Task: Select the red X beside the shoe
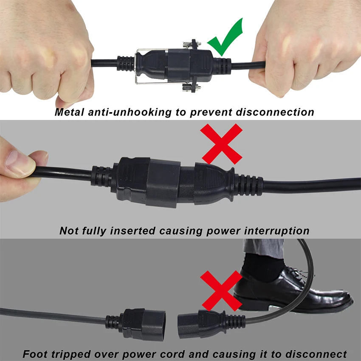[221, 290]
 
